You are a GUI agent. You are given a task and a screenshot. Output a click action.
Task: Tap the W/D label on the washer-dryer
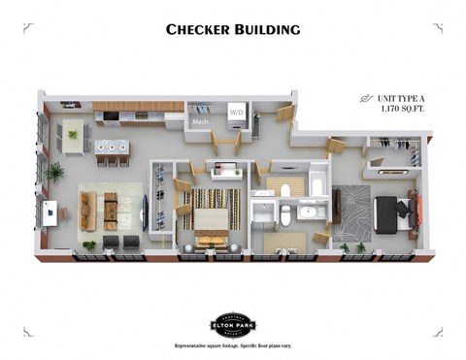[x=236, y=113]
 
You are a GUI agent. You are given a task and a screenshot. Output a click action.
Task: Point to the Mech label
[x=200, y=123]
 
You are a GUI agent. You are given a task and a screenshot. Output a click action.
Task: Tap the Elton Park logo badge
[x=233, y=324]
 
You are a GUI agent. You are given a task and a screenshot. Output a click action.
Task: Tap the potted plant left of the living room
[x=54, y=174]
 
